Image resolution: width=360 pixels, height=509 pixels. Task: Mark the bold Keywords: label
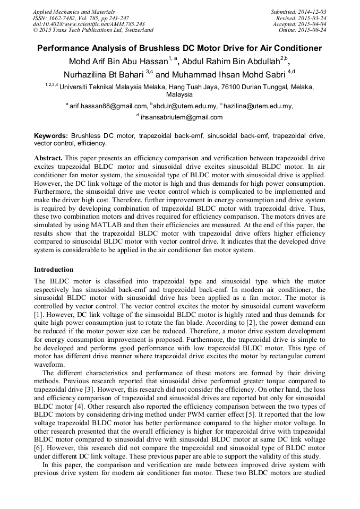[x=51, y=136]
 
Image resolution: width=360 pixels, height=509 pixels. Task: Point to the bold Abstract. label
[x=49, y=159]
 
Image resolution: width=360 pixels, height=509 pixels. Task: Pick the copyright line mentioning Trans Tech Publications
[x=93, y=30]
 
